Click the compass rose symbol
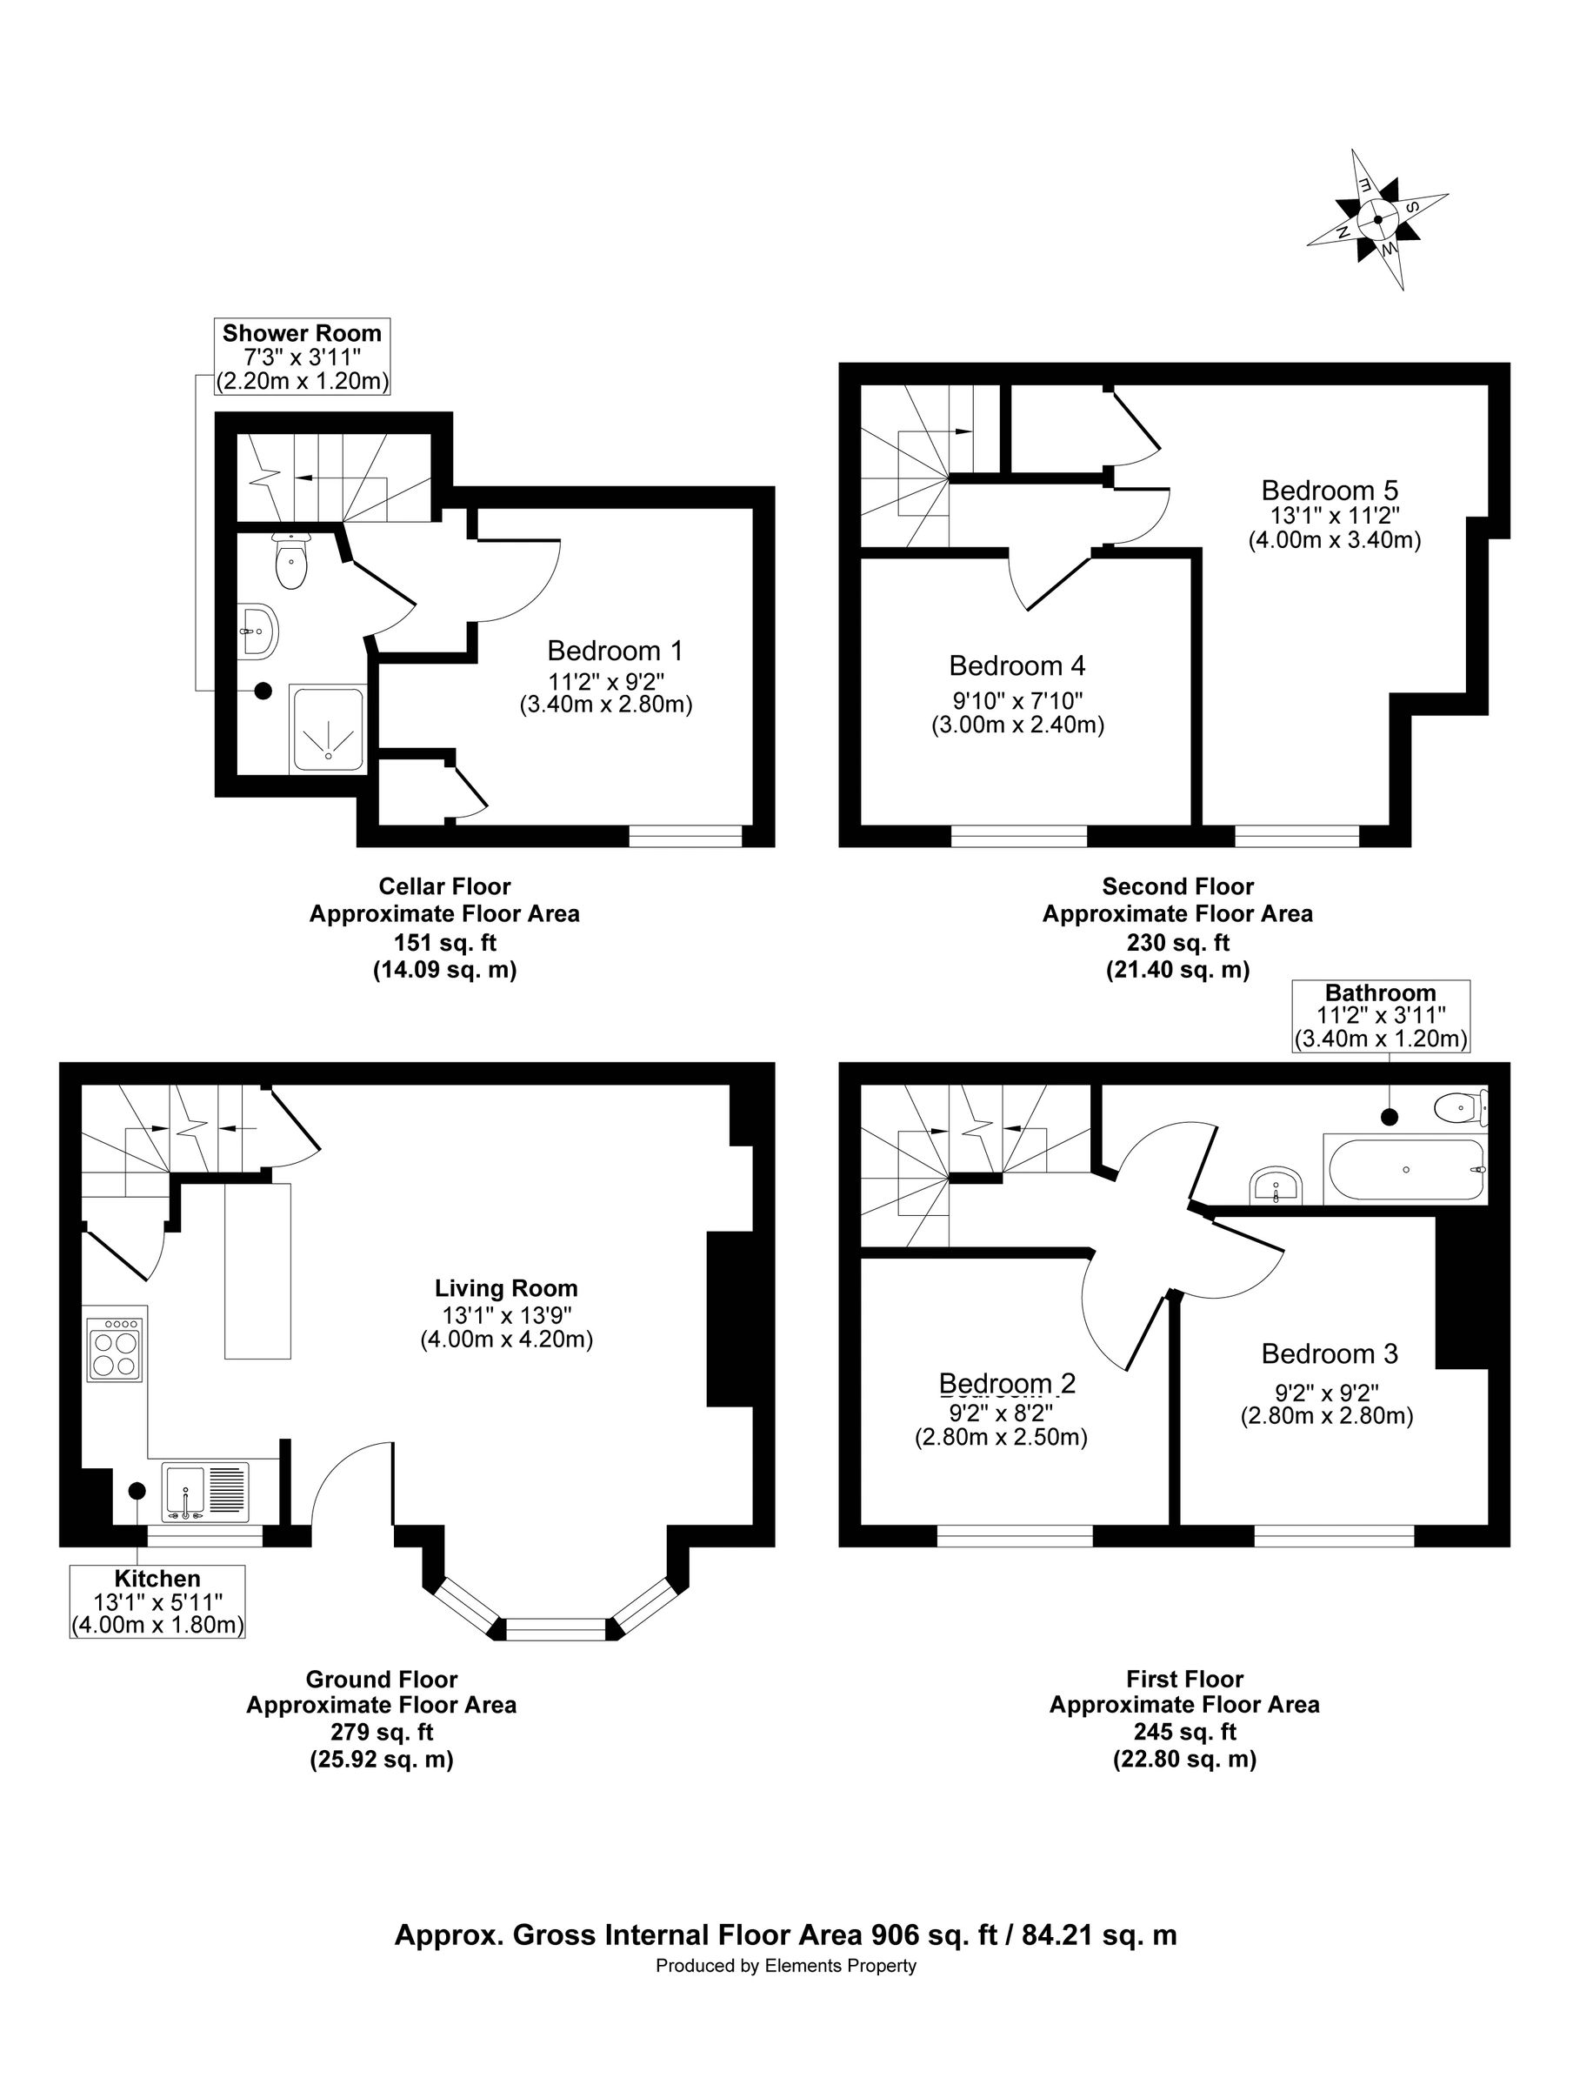click(x=1376, y=219)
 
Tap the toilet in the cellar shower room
click(x=290, y=560)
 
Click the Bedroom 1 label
click(x=615, y=651)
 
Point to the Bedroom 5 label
click(x=1330, y=491)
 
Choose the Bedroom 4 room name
click(x=1016, y=665)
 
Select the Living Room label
click(x=506, y=1288)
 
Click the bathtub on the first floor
click(x=1406, y=1171)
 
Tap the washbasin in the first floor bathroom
click(x=1278, y=1186)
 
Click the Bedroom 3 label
click(x=1330, y=1353)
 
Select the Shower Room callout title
click(x=302, y=333)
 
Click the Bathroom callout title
click(x=1381, y=992)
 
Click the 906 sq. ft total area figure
click(x=934, y=1934)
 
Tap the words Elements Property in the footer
click(x=841, y=1966)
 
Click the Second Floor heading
click(x=1177, y=885)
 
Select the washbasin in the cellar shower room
click(x=259, y=630)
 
